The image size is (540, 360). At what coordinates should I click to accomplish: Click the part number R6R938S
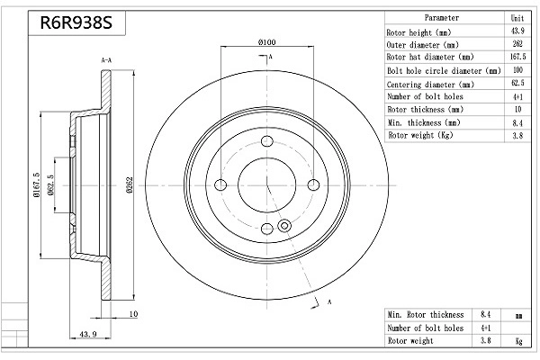76,22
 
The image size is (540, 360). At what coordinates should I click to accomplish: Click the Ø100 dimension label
267,42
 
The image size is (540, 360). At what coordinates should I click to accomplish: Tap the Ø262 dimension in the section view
129,185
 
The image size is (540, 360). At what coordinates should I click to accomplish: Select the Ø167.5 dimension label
37,184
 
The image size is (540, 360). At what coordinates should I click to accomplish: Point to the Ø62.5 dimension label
51,184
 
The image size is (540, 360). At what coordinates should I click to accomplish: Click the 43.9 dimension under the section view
88,334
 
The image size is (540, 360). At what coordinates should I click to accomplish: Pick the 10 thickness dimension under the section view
133,314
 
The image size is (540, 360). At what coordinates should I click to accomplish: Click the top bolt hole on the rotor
267,141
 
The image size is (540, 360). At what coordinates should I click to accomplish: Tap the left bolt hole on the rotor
220,185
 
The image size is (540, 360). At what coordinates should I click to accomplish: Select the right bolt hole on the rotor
313,185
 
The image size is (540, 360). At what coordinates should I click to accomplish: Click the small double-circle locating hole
284,226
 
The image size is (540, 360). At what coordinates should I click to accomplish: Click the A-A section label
106,60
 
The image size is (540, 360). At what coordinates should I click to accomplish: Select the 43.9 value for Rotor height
517,31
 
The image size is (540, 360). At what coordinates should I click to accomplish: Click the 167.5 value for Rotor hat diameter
518,57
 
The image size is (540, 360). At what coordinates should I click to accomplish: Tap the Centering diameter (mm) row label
430,85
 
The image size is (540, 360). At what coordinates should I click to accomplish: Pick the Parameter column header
442,18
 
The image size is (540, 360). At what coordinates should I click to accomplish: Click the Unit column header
517,18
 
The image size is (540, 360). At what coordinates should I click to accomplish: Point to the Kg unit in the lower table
518,341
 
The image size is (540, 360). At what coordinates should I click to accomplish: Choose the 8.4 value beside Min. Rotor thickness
486,314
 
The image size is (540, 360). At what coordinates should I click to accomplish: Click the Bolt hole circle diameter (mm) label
444,70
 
